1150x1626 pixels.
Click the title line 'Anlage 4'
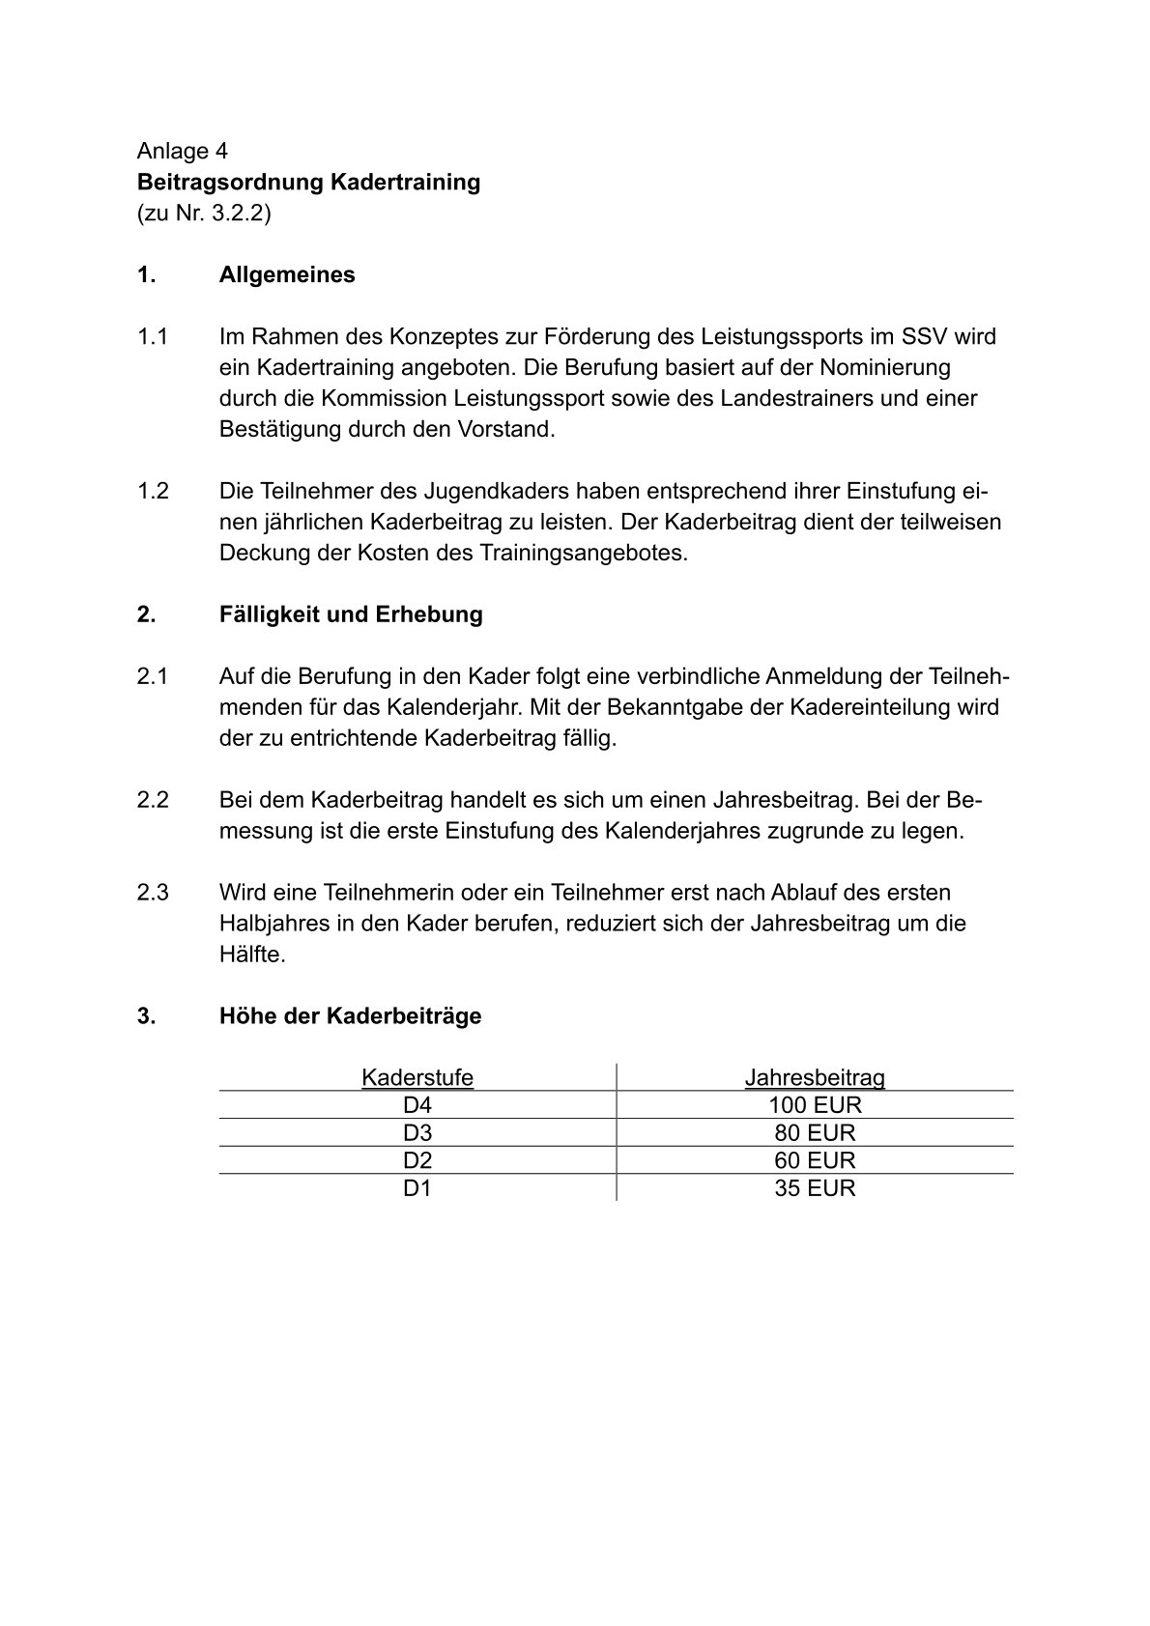click(x=182, y=151)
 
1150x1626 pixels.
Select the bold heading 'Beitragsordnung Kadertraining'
click(x=308, y=182)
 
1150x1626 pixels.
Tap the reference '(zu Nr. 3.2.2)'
click(x=204, y=213)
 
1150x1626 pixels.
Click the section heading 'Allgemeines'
click(x=287, y=274)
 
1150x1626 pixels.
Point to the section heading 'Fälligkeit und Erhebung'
click(x=351, y=614)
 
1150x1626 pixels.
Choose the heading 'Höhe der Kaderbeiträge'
click(x=350, y=1016)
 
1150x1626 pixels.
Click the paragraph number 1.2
click(x=153, y=491)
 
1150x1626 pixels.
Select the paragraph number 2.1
click(x=153, y=676)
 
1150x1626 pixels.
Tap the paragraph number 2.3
click(x=153, y=892)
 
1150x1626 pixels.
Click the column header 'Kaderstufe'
click(x=417, y=1077)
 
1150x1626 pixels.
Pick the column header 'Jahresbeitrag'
click(x=815, y=1077)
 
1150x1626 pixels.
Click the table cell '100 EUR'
click(x=815, y=1105)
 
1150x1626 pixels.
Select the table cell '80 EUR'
click(x=815, y=1132)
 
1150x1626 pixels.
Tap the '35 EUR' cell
click(x=815, y=1188)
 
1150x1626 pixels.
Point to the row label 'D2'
click(x=417, y=1160)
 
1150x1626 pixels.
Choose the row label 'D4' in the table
click(x=417, y=1105)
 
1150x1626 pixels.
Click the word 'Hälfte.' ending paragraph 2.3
click(x=252, y=955)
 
